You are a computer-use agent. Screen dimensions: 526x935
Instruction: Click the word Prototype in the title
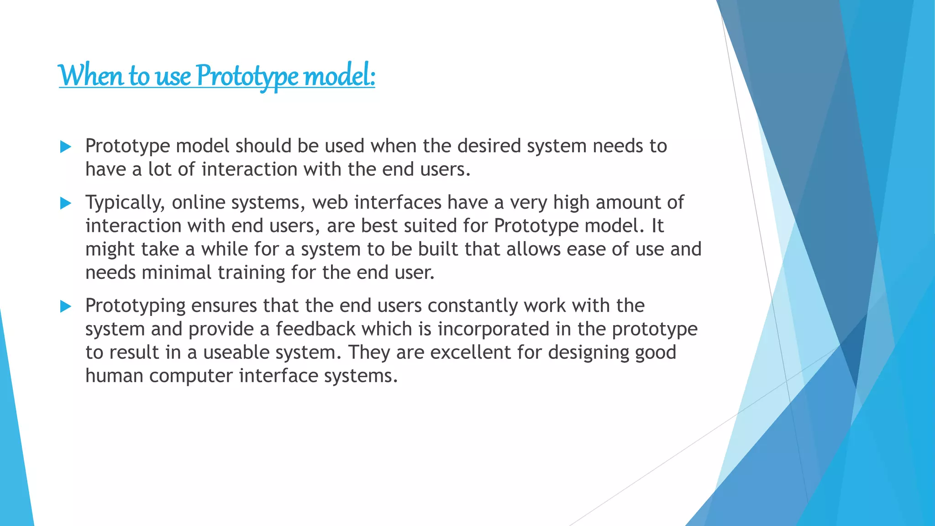[x=247, y=76]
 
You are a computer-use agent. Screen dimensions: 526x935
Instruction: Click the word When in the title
[x=90, y=76]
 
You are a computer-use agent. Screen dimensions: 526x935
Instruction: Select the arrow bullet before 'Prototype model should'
[x=66, y=147]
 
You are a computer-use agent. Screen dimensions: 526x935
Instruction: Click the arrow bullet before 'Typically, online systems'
[x=66, y=203]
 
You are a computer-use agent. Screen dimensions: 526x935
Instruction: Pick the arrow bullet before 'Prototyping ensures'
[x=66, y=306]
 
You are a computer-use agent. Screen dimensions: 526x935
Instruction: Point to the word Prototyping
[x=135, y=306]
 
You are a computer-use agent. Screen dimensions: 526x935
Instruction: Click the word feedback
[x=315, y=329]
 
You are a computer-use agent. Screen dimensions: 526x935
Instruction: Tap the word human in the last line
[x=114, y=376]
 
